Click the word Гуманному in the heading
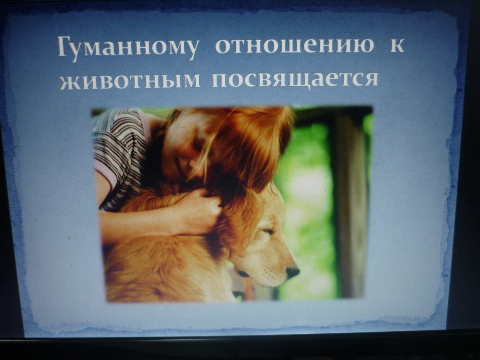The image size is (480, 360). (x=127, y=48)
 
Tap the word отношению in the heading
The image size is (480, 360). (x=294, y=46)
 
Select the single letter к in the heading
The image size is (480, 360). (x=397, y=46)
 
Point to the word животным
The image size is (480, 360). (x=130, y=80)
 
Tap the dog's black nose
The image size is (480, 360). (x=292, y=271)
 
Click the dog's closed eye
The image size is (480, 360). (x=268, y=232)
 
